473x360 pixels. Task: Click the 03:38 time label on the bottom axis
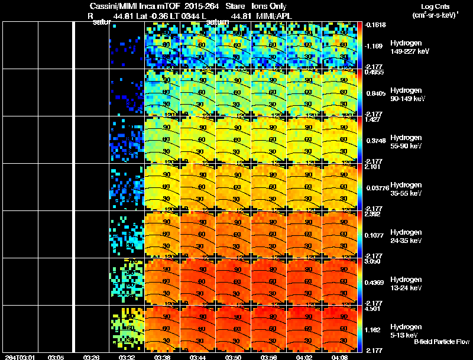162,357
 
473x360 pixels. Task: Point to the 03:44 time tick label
197,357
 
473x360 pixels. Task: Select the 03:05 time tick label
56,357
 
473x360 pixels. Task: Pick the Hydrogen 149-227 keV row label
405,47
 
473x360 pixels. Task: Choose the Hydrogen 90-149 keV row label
405,95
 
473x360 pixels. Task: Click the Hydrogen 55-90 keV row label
405,142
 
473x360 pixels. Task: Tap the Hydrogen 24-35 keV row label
405,236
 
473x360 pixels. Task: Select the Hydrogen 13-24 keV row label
405,283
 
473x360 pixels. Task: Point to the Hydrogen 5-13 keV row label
405,330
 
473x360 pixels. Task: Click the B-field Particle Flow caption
441,342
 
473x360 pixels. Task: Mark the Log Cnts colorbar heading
435,5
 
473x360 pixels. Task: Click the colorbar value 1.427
372,119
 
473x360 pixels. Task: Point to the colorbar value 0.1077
374,235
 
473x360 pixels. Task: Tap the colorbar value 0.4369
374,282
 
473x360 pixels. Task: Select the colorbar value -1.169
374,46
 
